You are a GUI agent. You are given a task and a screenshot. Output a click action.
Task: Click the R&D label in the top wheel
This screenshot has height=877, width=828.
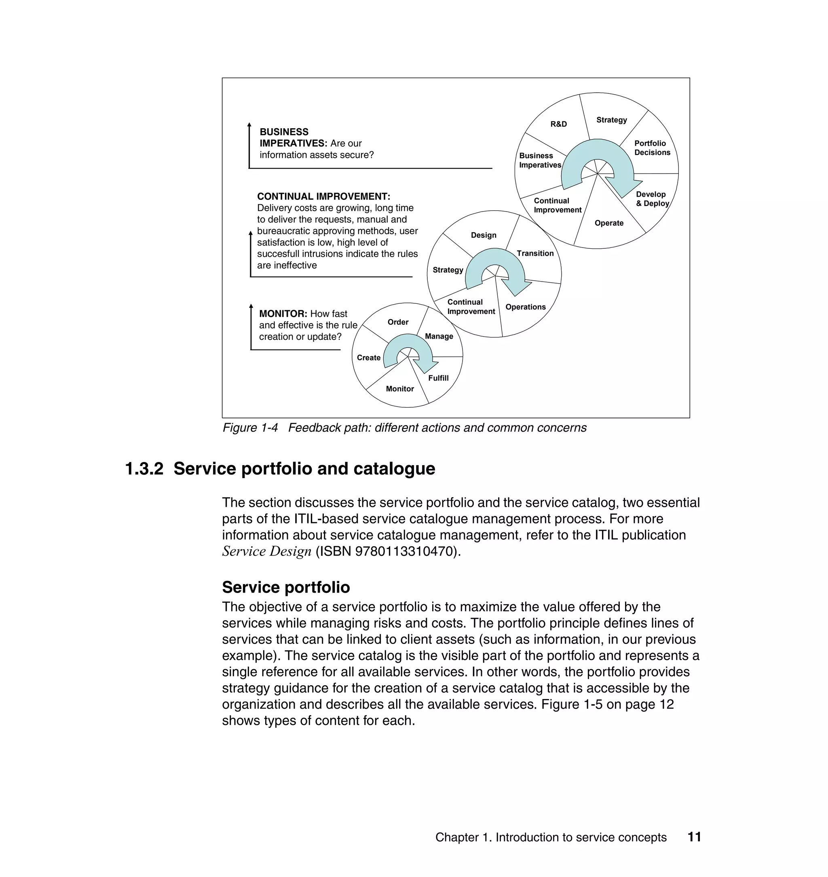coord(558,124)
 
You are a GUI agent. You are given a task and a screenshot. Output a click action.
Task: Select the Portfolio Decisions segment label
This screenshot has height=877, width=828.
coord(652,148)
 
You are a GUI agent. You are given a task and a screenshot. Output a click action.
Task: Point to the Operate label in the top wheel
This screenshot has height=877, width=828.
coord(608,223)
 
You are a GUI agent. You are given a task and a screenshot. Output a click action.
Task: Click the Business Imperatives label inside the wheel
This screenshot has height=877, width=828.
coord(540,160)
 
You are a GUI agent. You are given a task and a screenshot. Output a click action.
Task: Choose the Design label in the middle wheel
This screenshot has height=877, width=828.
coord(483,235)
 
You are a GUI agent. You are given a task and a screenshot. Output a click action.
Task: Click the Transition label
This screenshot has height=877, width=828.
coord(535,254)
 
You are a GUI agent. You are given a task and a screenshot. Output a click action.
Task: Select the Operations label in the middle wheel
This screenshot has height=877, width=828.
coord(525,307)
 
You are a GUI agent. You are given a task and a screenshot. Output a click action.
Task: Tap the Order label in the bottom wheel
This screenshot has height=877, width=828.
coord(398,322)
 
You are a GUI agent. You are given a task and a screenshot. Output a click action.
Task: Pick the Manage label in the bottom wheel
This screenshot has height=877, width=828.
coord(439,337)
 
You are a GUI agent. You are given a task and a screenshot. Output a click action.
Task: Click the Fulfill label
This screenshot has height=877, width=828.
coord(438,378)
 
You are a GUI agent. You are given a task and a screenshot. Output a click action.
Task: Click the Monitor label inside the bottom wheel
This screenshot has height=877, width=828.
coord(399,389)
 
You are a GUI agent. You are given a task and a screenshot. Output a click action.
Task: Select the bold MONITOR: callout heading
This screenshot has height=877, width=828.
coord(283,314)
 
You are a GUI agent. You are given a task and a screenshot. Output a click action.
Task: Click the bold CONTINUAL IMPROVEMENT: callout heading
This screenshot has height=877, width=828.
coord(323,197)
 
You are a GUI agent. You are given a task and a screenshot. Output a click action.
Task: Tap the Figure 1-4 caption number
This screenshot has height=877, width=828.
coord(250,428)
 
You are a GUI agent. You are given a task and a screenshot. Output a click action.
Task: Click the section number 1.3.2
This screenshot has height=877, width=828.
coord(144,469)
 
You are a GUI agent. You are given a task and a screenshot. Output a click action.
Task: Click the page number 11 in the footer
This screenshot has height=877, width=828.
coord(694,837)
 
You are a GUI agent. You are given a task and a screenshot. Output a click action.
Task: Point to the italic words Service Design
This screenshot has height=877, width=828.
coord(266,551)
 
